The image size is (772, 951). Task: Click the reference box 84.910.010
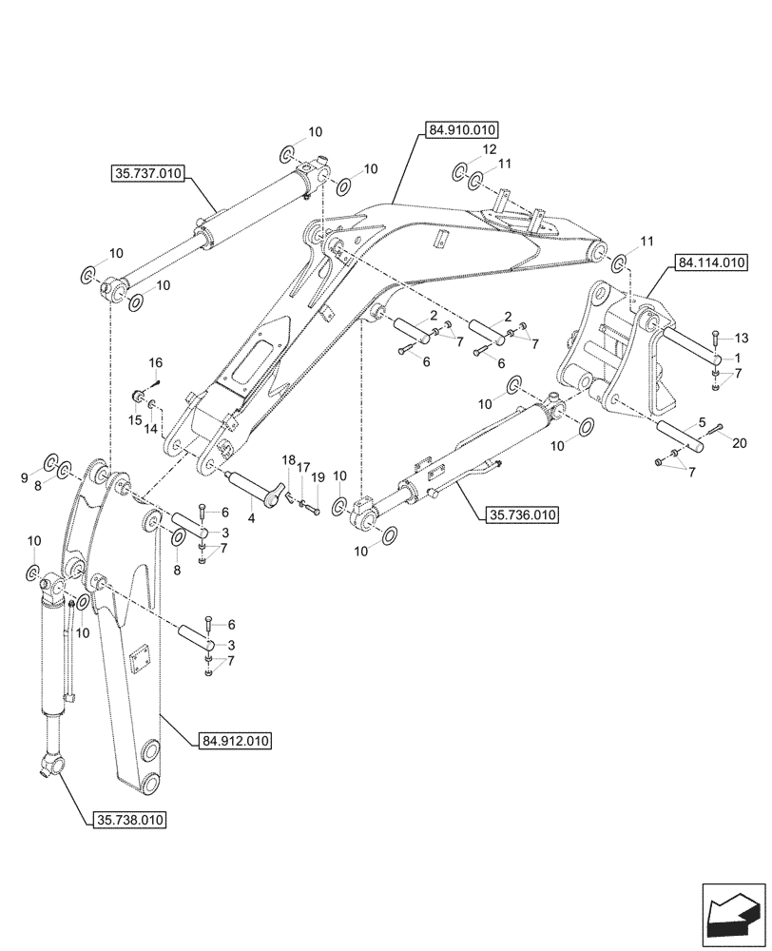point(462,130)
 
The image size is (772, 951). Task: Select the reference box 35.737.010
point(148,174)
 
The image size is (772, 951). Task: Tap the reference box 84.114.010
point(710,262)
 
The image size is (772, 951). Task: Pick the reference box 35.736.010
point(521,515)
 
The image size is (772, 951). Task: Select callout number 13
point(742,339)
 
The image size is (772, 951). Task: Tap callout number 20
point(741,441)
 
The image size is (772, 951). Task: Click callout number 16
point(155,362)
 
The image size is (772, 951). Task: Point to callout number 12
point(488,149)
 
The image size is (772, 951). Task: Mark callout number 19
point(318,477)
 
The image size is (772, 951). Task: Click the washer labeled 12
point(458,170)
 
